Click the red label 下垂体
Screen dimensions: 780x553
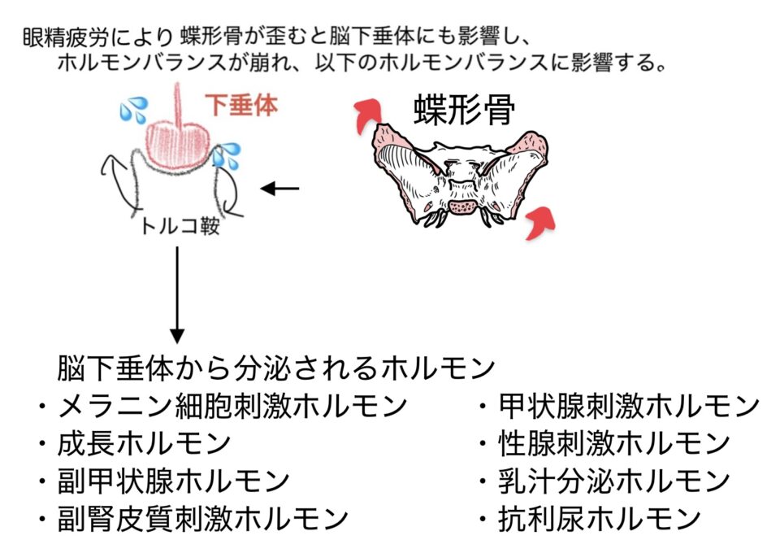pyautogui.click(x=241, y=105)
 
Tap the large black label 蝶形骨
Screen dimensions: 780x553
pyautogui.click(x=464, y=110)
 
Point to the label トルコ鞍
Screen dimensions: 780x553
pyautogui.click(x=180, y=226)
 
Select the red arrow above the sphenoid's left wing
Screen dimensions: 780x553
pyautogui.click(x=367, y=115)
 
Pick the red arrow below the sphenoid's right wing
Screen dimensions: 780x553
pyautogui.click(x=539, y=223)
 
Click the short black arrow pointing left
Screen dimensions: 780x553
pyautogui.click(x=279, y=189)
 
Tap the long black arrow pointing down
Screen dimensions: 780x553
pyautogui.click(x=177, y=294)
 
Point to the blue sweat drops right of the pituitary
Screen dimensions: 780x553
pyautogui.click(x=227, y=155)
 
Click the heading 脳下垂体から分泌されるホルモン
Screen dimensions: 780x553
pyautogui.click(x=276, y=368)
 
